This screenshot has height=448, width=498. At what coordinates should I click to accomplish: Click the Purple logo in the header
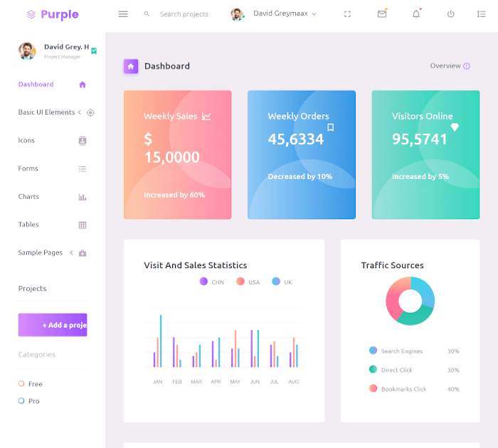click(53, 14)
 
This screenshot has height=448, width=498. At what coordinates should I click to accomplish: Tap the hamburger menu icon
click(123, 14)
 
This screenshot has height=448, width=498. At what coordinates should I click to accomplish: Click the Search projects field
click(184, 14)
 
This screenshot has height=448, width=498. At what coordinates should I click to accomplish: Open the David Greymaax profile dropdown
click(274, 14)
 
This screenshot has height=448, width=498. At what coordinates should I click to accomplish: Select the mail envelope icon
click(382, 14)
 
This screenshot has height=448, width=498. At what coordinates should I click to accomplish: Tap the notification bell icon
click(416, 14)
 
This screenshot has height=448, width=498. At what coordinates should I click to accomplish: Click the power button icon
click(450, 14)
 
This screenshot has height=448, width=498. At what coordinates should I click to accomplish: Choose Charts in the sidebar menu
click(29, 197)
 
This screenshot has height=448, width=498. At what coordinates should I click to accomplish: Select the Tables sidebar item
click(29, 225)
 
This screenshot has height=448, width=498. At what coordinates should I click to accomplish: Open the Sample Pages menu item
click(41, 252)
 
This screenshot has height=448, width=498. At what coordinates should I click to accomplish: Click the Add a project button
click(53, 325)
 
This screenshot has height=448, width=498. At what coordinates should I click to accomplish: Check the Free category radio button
click(21, 384)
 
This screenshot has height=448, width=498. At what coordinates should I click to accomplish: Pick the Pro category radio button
click(21, 401)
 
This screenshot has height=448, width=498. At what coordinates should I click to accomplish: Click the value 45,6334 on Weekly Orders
click(295, 139)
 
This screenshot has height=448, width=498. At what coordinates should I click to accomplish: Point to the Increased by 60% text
click(174, 195)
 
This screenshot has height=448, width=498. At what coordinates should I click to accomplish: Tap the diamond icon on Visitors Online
click(455, 127)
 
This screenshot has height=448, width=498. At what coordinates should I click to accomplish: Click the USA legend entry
click(249, 282)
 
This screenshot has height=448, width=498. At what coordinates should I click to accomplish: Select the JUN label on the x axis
click(255, 382)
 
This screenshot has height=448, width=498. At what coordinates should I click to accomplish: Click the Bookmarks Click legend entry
click(403, 389)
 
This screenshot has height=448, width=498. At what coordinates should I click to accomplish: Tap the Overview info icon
click(467, 66)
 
